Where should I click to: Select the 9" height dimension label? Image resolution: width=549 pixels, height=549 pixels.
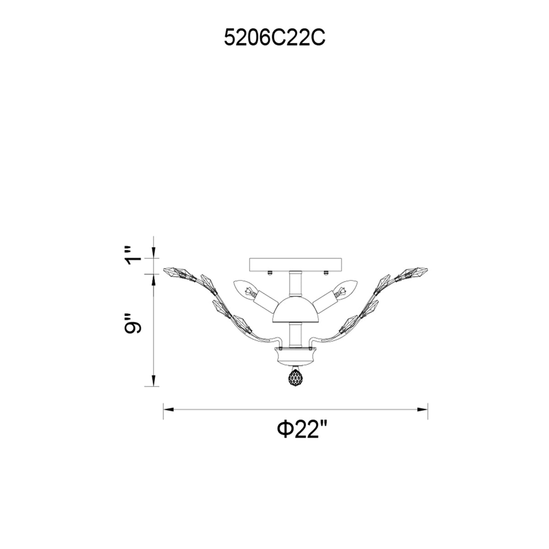tap(133, 323)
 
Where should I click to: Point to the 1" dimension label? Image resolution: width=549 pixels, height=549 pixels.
tap(133, 255)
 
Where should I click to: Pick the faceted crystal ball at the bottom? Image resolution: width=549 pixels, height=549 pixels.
tap(295, 379)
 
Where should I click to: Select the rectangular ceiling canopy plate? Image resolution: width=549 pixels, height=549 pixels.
tap(295, 264)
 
